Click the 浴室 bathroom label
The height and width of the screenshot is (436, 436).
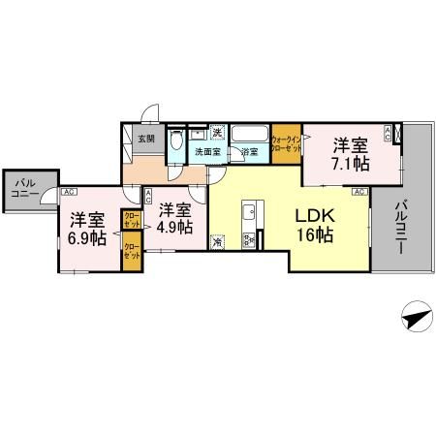click(x=249, y=152)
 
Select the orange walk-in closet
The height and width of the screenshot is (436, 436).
click(x=286, y=146)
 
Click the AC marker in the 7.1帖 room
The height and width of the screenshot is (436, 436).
click(x=389, y=134)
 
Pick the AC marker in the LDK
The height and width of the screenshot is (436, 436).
click(x=358, y=193)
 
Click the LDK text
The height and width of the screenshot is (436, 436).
click(x=315, y=216)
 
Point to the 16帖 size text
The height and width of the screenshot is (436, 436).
click(x=315, y=235)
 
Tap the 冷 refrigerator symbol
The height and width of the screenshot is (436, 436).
click(x=219, y=242)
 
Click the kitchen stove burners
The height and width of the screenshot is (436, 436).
click(x=247, y=238)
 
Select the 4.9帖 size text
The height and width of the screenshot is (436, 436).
click(x=174, y=227)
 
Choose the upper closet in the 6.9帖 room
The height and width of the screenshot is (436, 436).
click(x=129, y=219)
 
